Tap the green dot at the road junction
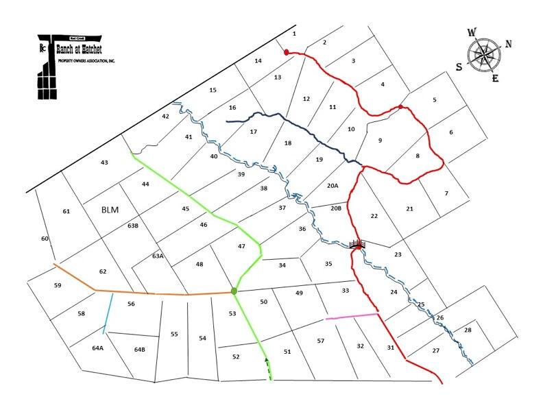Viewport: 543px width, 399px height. pos(234,291)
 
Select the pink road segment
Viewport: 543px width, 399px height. pos(351,316)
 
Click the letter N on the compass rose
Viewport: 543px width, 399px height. pos(508,44)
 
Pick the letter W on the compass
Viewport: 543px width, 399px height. pos(472,32)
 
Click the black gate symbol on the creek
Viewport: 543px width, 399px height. pos(357,244)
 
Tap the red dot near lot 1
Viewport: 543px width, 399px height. pos(287,51)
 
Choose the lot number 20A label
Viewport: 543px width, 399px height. pos(333,185)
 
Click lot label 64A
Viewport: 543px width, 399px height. pos(97,348)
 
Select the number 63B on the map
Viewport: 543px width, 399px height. pos(133,225)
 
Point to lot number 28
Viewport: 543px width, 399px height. pos(468,330)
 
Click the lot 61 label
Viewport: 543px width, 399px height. pos(67,211)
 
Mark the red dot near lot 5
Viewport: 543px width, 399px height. pos(400,106)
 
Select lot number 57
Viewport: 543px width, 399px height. pos(320,341)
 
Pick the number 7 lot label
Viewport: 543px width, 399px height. pos(446,193)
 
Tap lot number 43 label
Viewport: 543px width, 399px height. pos(104,162)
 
